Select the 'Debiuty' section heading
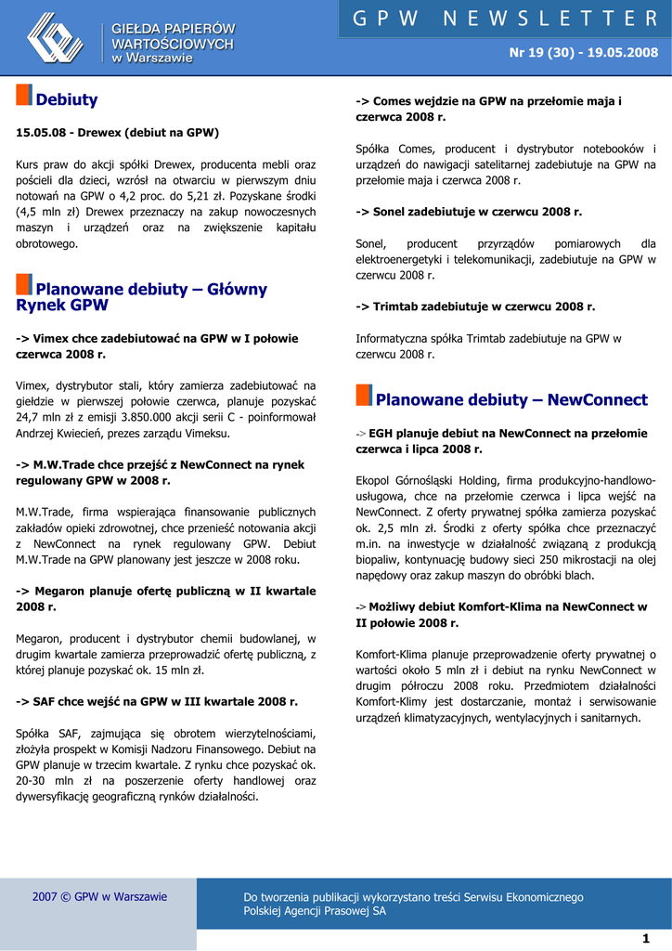[66, 99]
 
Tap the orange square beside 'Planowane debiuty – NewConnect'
[364, 396]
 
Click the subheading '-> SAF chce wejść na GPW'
[157, 702]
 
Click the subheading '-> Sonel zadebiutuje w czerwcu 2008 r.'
[469, 212]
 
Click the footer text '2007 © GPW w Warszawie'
[99, 897]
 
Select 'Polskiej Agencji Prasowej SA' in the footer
[315, 911]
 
